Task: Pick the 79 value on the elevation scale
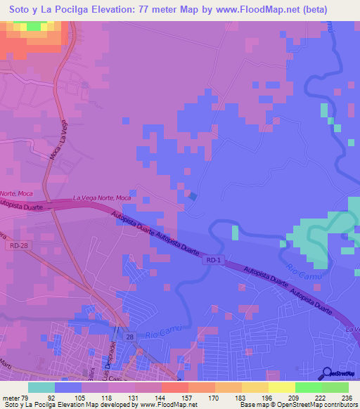tap(25, 397)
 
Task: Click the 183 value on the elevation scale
tap(240, 397)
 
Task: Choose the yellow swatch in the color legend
tap(281, 387)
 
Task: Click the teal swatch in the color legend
tap(41, 387)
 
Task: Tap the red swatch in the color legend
tap(174, 387)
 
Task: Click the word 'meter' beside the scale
tap(11, 397)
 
